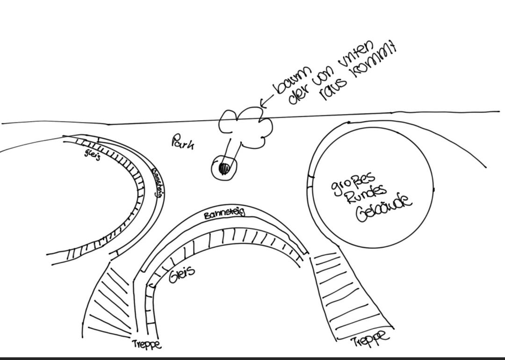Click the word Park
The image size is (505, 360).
tap(183, 142)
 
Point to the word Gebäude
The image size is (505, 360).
tap(383, 209)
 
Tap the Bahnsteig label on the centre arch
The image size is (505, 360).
tap(224, 214)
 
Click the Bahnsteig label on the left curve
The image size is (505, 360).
tap(157, 182)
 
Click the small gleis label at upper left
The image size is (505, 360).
tap(93, 154)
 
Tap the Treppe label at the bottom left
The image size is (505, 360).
tap(147, 345)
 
